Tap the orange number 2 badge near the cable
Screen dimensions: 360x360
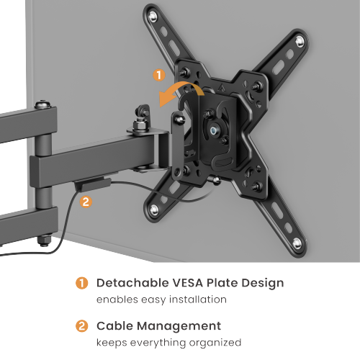pyautogui.click(x=86, y=202)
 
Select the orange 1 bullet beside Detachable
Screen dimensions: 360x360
pyautogui.click(x=83, y=283)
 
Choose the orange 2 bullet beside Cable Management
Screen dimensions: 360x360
pyautogui.click(x=83, y=326)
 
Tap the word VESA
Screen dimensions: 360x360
pyautogui.click(x=189, y=283)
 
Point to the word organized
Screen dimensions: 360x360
pyautogui.click(x=212, y=343)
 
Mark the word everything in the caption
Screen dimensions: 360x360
pyautogui.click(x=155, y=343)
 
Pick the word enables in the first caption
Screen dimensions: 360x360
pyautogui.click(x=115, y=300)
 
